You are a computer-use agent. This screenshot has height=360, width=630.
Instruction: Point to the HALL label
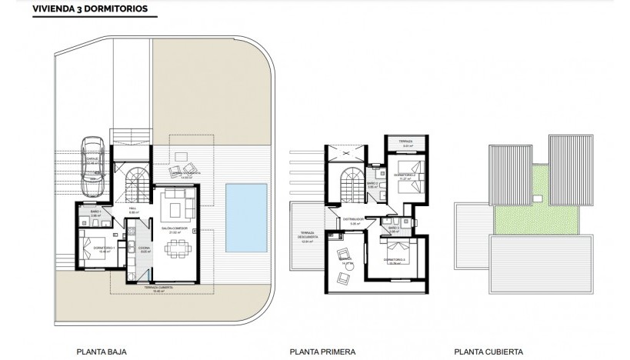coord(132,208)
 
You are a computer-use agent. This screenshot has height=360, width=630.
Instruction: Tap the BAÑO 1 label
coord(96,212)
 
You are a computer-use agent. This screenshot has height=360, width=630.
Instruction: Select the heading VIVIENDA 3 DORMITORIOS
coord(85,10)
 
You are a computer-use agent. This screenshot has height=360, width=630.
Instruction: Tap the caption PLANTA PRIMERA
coord(323,352)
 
